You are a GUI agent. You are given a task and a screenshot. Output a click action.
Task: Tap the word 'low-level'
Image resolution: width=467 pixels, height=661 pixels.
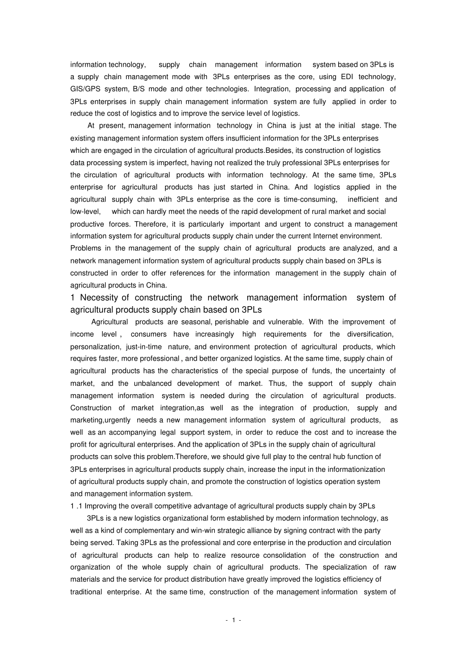pos(85,212)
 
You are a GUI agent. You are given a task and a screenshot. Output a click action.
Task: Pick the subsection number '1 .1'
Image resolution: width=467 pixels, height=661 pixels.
pos(76,506)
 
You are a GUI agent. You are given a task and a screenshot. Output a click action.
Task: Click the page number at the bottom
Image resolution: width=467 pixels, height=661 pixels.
pos(233,620)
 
